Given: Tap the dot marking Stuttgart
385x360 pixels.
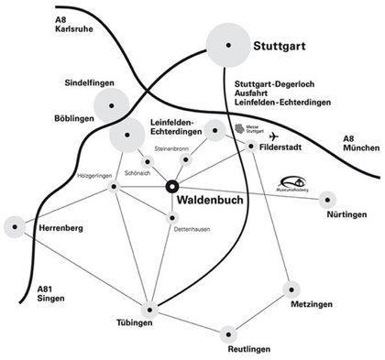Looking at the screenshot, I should [x=228, y=45].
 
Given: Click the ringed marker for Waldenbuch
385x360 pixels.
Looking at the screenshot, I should [x=171, y=187].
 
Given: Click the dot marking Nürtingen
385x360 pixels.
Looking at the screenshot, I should [x=328, y=198].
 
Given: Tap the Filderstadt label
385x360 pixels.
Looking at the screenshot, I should [x=284, y=146].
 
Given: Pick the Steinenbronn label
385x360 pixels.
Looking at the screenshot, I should [x=172, y=147].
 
